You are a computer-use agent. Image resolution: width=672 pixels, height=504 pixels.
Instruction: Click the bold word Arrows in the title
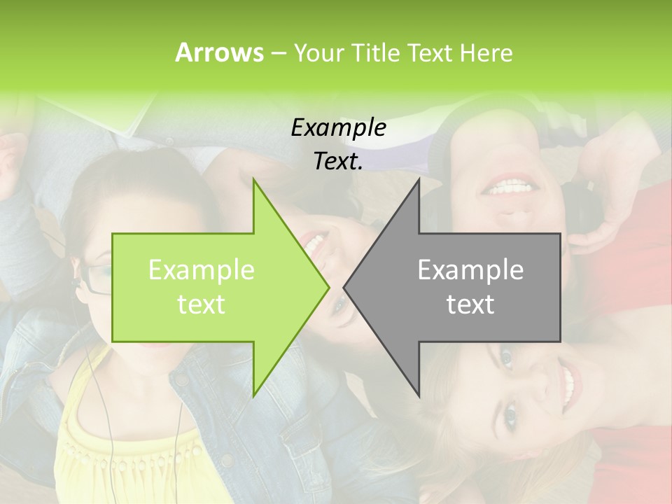coord(219,52)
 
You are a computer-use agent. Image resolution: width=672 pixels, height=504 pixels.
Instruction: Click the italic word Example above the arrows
coord(338,127)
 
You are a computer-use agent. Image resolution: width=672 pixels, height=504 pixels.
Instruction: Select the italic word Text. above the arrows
coord(338,161)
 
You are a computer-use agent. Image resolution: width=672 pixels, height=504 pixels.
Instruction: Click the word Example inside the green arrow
coord(202,270)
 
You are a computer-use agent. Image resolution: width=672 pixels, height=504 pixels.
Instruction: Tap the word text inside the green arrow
coord(202,304)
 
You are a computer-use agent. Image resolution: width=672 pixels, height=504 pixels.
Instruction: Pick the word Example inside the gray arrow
coord(470,270)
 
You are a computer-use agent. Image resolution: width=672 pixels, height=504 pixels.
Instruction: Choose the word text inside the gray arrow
coord(470,304)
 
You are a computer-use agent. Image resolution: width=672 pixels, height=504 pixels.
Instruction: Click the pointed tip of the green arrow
coord(328,287)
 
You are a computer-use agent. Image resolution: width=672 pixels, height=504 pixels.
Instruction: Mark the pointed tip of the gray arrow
coord(344,287)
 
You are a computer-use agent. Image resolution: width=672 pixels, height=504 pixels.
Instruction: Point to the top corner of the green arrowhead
coord(253,179)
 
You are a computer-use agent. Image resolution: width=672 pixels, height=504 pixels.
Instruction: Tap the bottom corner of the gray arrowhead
coord(419,395)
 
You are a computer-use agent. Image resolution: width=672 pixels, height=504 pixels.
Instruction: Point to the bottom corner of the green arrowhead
coord(253,395)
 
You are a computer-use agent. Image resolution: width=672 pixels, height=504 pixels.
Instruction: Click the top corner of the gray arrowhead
coord(419,179)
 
